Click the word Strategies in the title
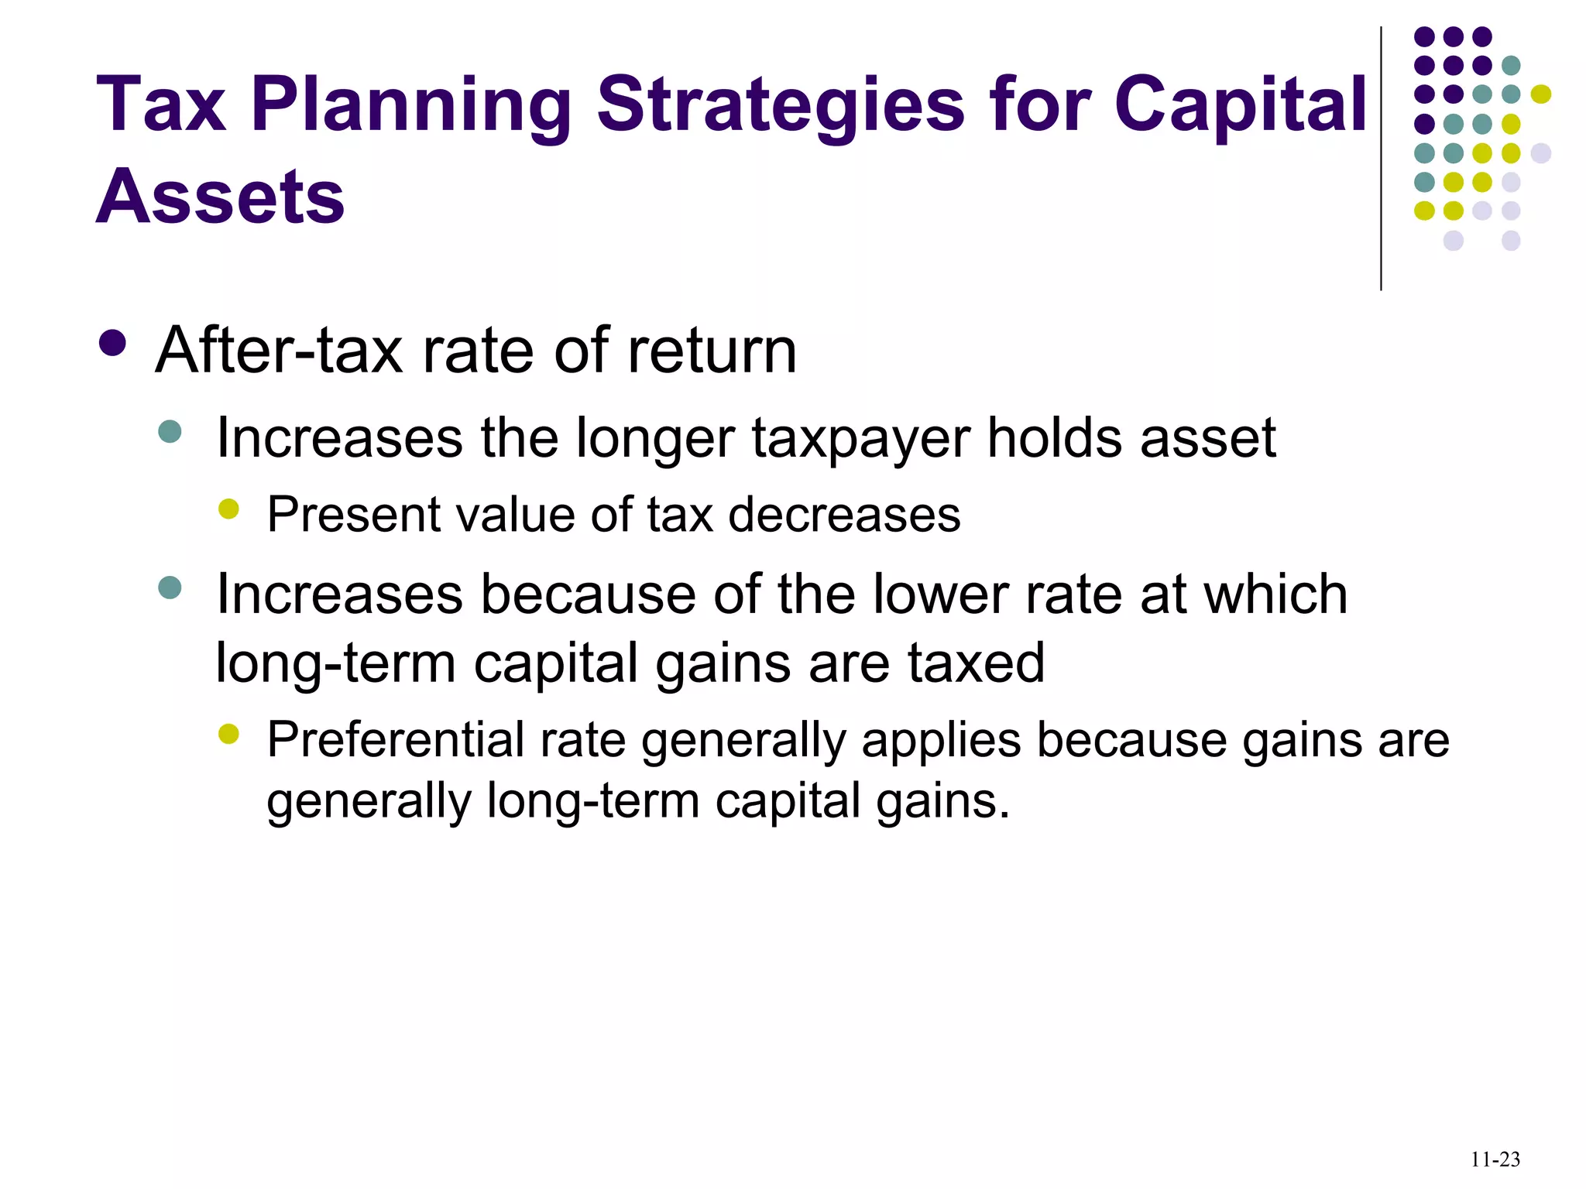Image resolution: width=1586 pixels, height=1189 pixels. (x=781, y=106)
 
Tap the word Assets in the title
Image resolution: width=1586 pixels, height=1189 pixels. (x=220, y=197)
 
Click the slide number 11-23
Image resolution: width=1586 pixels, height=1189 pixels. (x=1495, y=1160)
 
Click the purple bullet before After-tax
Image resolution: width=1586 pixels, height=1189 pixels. (x=113, y=344)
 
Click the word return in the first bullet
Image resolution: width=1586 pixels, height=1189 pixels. (x=712, y=351)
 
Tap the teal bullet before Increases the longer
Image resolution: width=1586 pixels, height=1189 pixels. (x=170, y=431)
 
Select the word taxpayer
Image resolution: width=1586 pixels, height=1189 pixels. (x=860, y=439)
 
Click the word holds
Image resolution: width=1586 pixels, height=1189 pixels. (x=1055, y=437)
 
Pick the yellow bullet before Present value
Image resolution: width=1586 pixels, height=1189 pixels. (x=228, y=509)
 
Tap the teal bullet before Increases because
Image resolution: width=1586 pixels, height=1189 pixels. (x=170, y=588)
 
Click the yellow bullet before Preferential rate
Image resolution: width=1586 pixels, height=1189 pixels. (x=228, y=733)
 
